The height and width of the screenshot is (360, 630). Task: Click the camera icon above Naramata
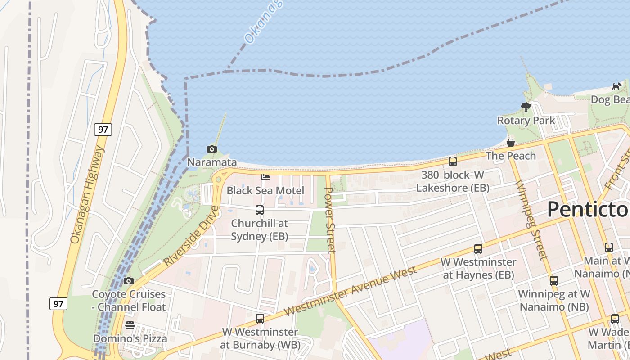pos(211,149)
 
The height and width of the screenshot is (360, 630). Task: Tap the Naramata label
pos(212,162)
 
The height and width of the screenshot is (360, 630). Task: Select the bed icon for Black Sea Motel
pos(265,177)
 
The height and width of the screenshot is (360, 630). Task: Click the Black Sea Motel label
pos(265,190)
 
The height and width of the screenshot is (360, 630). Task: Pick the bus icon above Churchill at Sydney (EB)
pos(260,210)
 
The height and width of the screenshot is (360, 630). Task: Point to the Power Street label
pos(330,220)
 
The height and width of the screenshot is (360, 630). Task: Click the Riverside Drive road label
pos(192,235)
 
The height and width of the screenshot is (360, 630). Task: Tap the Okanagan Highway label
pos(87,194)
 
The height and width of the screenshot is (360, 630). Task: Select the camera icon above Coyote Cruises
pos(129,281)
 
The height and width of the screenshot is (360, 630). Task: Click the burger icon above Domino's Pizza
pos(130,325)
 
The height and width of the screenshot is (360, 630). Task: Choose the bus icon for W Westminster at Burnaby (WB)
pos(260,319)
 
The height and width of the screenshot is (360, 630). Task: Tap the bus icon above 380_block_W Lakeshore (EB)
pos(453,161)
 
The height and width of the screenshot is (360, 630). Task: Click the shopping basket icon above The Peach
pos(511,143)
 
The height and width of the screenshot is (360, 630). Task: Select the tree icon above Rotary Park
pos(526,107)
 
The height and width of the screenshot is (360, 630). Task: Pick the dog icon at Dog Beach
pos(616,86)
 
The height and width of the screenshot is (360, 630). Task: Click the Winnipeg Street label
pos(531,220)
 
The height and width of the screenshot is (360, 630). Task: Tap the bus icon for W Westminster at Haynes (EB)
pos(478,248)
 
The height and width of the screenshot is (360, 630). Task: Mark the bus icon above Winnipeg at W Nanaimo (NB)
pos(554,280)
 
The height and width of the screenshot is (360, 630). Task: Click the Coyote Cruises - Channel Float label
pos(129,301)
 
